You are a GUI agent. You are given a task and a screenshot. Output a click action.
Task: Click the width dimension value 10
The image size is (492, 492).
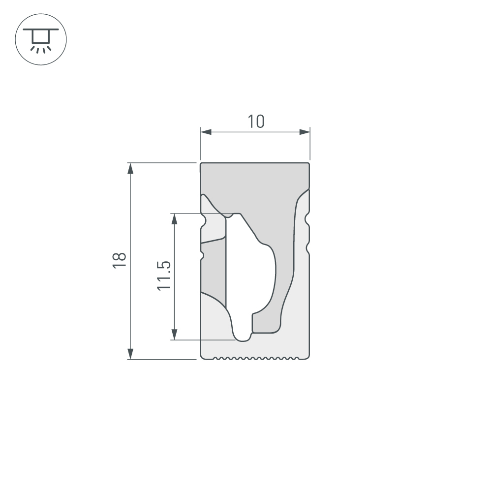256,121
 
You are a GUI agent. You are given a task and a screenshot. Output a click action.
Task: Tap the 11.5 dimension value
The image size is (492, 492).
164,276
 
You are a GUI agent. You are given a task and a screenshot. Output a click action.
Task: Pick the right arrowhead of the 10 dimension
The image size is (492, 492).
305,132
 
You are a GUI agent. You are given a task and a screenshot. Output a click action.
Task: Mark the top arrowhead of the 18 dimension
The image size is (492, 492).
130,168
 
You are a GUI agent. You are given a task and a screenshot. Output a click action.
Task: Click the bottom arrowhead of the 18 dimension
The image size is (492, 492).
130,353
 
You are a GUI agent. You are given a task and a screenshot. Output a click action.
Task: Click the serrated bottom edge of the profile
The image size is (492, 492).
256,357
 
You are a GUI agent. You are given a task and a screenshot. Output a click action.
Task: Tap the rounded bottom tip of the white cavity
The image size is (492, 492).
243,338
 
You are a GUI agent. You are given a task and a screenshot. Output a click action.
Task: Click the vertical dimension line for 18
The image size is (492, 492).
130,295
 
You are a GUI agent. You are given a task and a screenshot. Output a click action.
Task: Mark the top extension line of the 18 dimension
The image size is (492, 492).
162,162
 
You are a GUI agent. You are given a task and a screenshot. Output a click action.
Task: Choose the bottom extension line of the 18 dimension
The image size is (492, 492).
162,360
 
